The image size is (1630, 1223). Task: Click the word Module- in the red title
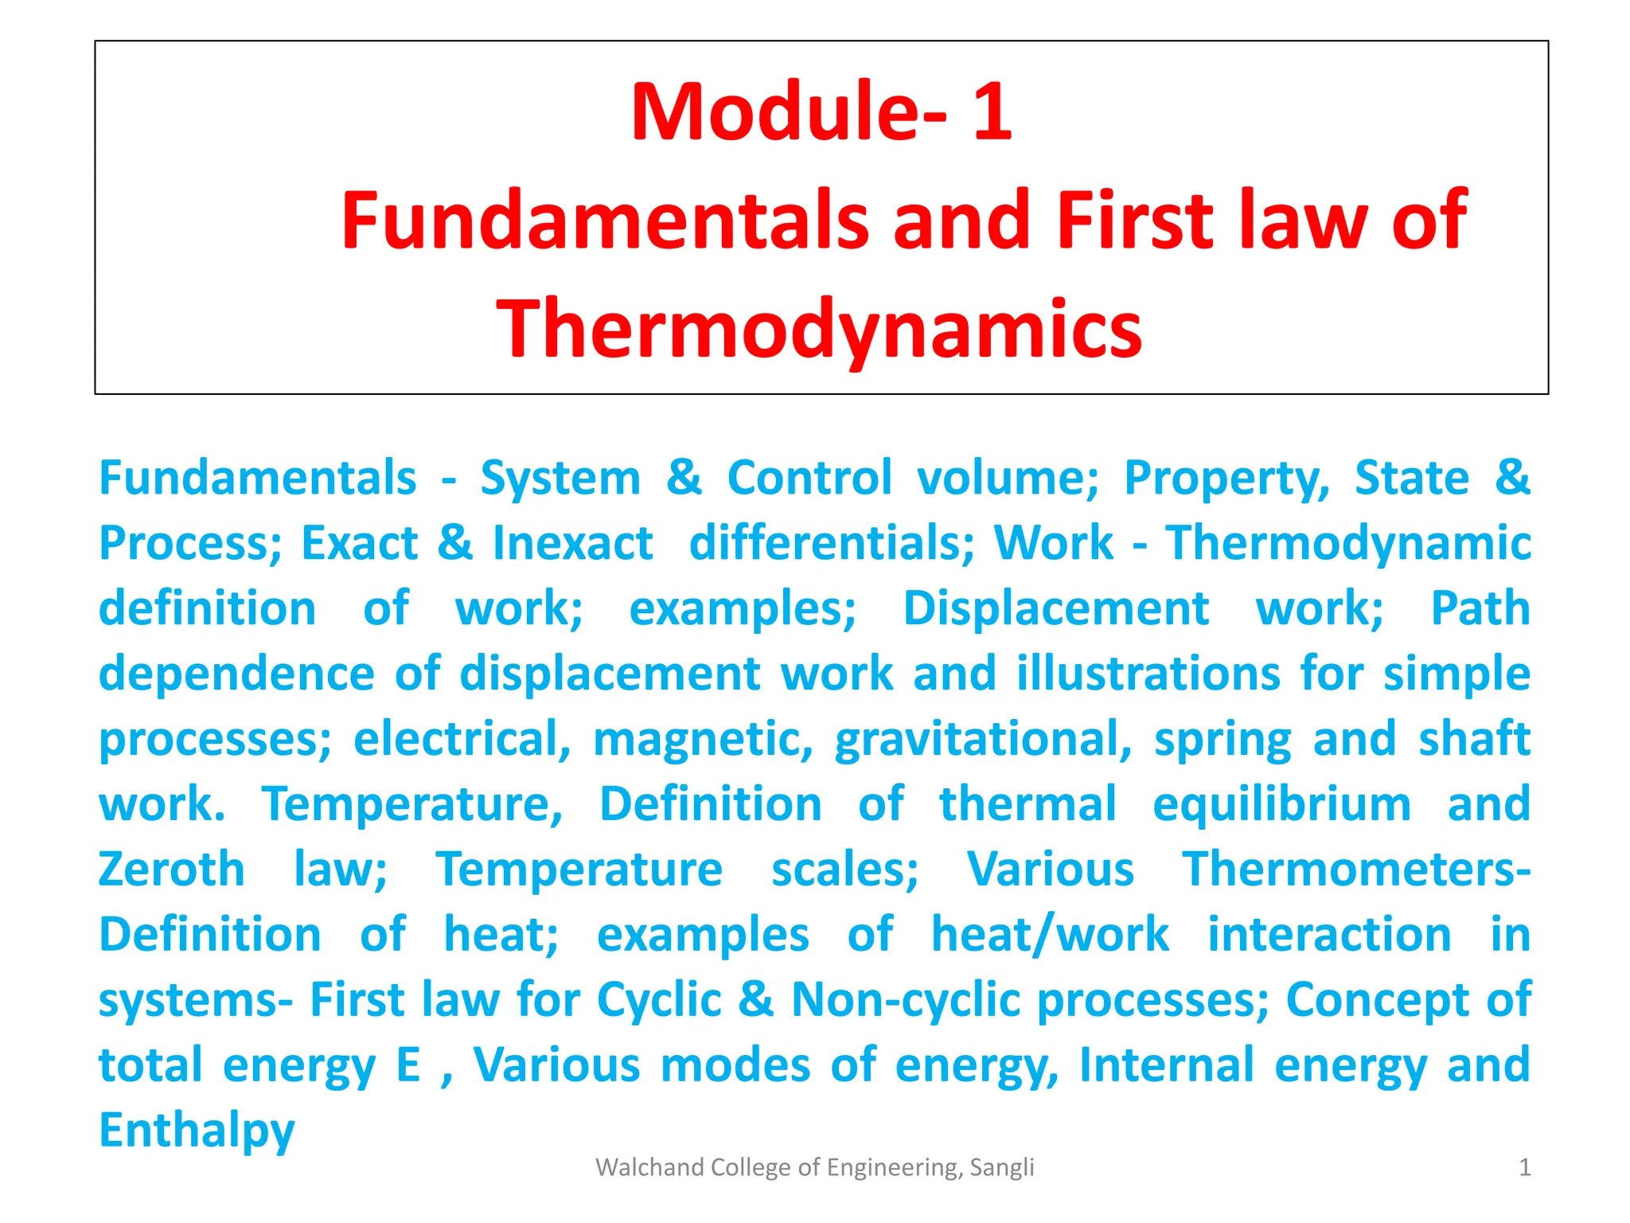pos(788,111)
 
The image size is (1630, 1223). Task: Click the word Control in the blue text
pos(809,478)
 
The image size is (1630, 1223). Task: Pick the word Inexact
pos(573,543)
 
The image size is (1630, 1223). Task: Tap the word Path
pos(1480,609)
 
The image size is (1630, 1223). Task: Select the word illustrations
pos(1148,674)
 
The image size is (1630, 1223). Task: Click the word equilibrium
pos(1281,804)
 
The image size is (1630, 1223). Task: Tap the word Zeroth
pos(171,869)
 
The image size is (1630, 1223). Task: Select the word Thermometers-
pos(1355,869)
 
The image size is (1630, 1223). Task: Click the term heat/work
pos(1050,934)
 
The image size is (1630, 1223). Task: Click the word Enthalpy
pos(197,1131)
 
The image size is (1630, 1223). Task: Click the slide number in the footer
pos(1525,1167)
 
